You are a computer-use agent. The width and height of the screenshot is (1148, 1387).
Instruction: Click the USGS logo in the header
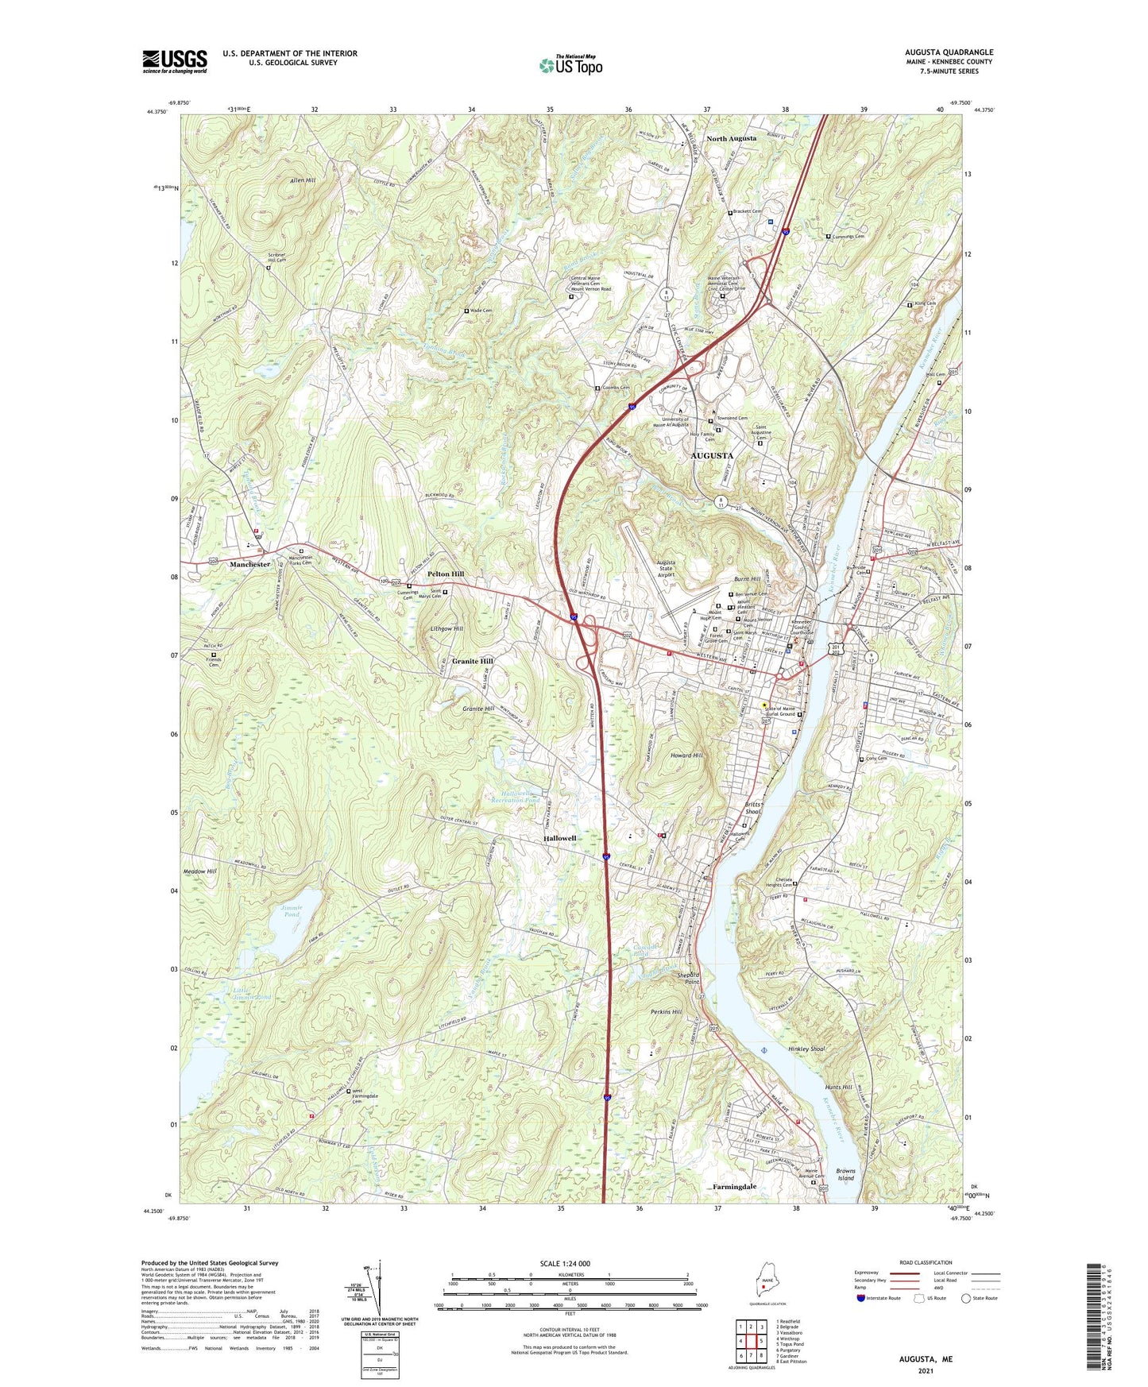click(x=175, y=61)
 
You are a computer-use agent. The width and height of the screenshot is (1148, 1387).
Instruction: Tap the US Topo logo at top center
click(x=570, y=64)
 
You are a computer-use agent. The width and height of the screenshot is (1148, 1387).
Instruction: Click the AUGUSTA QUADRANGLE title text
click(x=949, y=52)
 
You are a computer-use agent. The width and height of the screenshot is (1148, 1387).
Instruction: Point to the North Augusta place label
click(x=731, y=138)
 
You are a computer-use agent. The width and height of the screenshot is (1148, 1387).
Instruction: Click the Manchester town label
click(x=249, y=564)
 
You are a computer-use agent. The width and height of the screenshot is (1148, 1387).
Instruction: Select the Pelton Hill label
click(x=446, y=574)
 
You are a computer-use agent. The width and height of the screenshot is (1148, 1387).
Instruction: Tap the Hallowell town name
click(x=560, y=838)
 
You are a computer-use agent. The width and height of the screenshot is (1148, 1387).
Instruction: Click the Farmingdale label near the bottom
click(x=734, y=1187)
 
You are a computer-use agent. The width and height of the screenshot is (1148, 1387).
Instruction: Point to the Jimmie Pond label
click(x=290, y=910)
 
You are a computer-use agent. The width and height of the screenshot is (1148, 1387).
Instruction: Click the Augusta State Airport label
click(x=666, y=568)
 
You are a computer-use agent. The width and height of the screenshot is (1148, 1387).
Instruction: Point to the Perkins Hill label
click(x=667, y=1012)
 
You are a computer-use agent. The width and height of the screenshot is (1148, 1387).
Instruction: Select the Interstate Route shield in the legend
click(x=861, y=1298)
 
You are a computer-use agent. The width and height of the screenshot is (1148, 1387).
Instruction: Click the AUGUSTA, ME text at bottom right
click(x=926, y=1359)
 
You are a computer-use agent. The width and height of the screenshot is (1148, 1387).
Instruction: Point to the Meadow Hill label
click(x=200, y=871)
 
